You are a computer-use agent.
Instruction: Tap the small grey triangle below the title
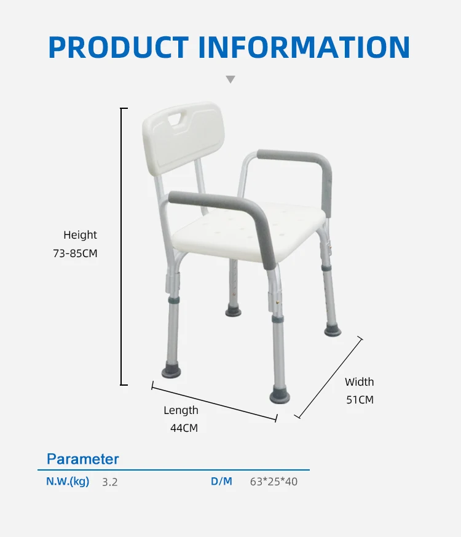coord(230,79)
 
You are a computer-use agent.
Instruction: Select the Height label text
coord(80,235)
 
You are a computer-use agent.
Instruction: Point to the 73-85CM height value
coord(75,253)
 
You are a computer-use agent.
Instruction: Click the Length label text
coord(181,410)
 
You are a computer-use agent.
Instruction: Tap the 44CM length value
coord(184,428)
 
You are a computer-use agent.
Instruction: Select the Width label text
coord(359,382)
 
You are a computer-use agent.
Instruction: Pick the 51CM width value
coord(360,400)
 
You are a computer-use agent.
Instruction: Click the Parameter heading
coord(83,459)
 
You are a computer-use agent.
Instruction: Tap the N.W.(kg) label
coord(68,482)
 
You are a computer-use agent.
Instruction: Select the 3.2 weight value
coord(109,482)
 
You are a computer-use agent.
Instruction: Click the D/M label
coord(221,482)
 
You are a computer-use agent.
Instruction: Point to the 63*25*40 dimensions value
coord(274,482)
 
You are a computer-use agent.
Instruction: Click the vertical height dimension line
coord(121,246)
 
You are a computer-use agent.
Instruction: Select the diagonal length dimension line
coord(214,402)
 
